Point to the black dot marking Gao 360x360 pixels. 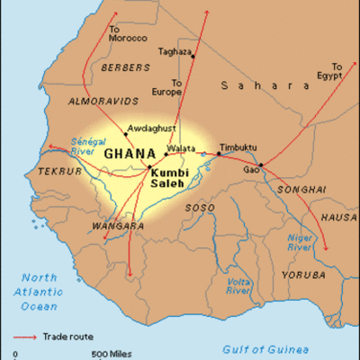(x=261, y=165)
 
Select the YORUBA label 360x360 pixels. (x=297, y=274)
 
